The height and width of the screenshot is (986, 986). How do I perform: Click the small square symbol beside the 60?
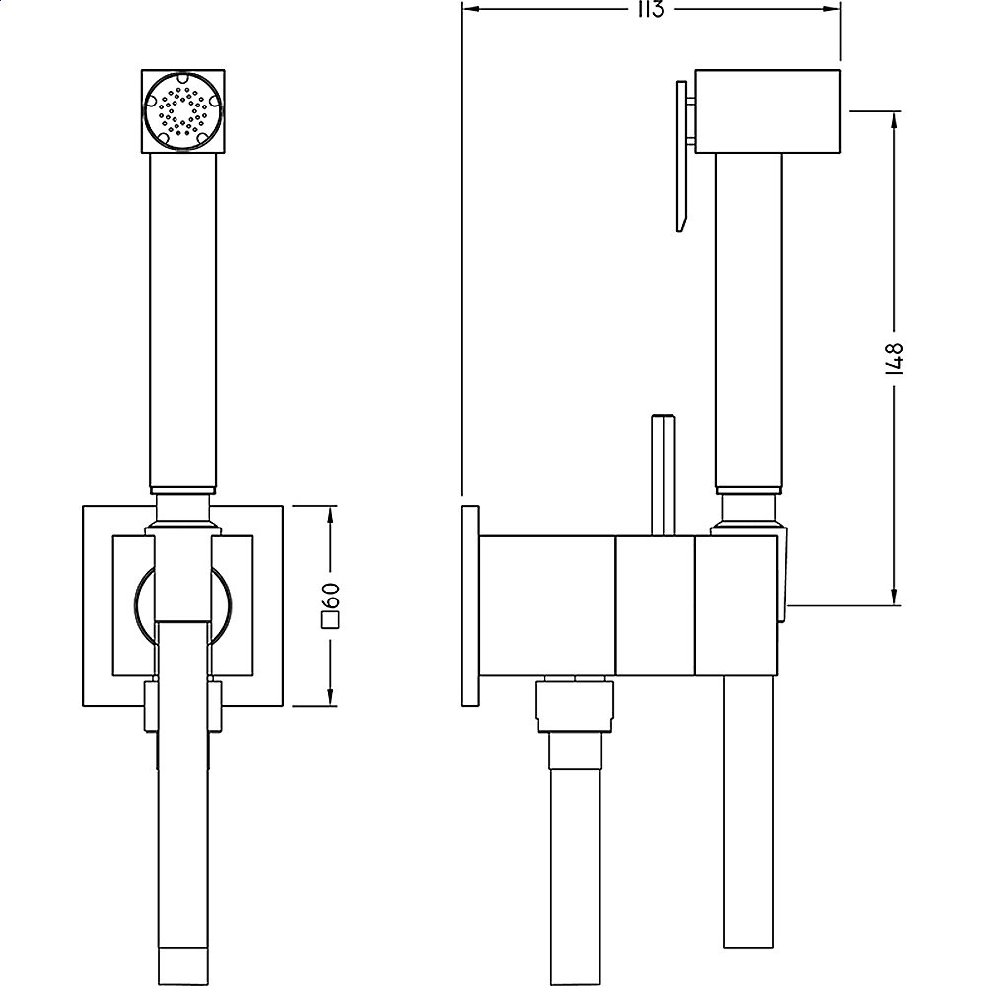tap(332, 620)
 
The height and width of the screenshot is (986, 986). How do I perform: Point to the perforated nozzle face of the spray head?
tap(180, 110)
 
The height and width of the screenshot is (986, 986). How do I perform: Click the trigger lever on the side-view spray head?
tap(683, 158)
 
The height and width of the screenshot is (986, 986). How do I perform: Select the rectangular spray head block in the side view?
tap(767, 111)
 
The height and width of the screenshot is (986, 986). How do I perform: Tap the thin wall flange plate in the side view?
tap(469, 606)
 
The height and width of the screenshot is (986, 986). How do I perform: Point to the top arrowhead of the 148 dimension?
tap(895, 118)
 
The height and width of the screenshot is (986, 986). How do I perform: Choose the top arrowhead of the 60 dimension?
tap(331, 514)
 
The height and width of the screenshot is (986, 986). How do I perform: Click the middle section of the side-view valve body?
tap(655, 606)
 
